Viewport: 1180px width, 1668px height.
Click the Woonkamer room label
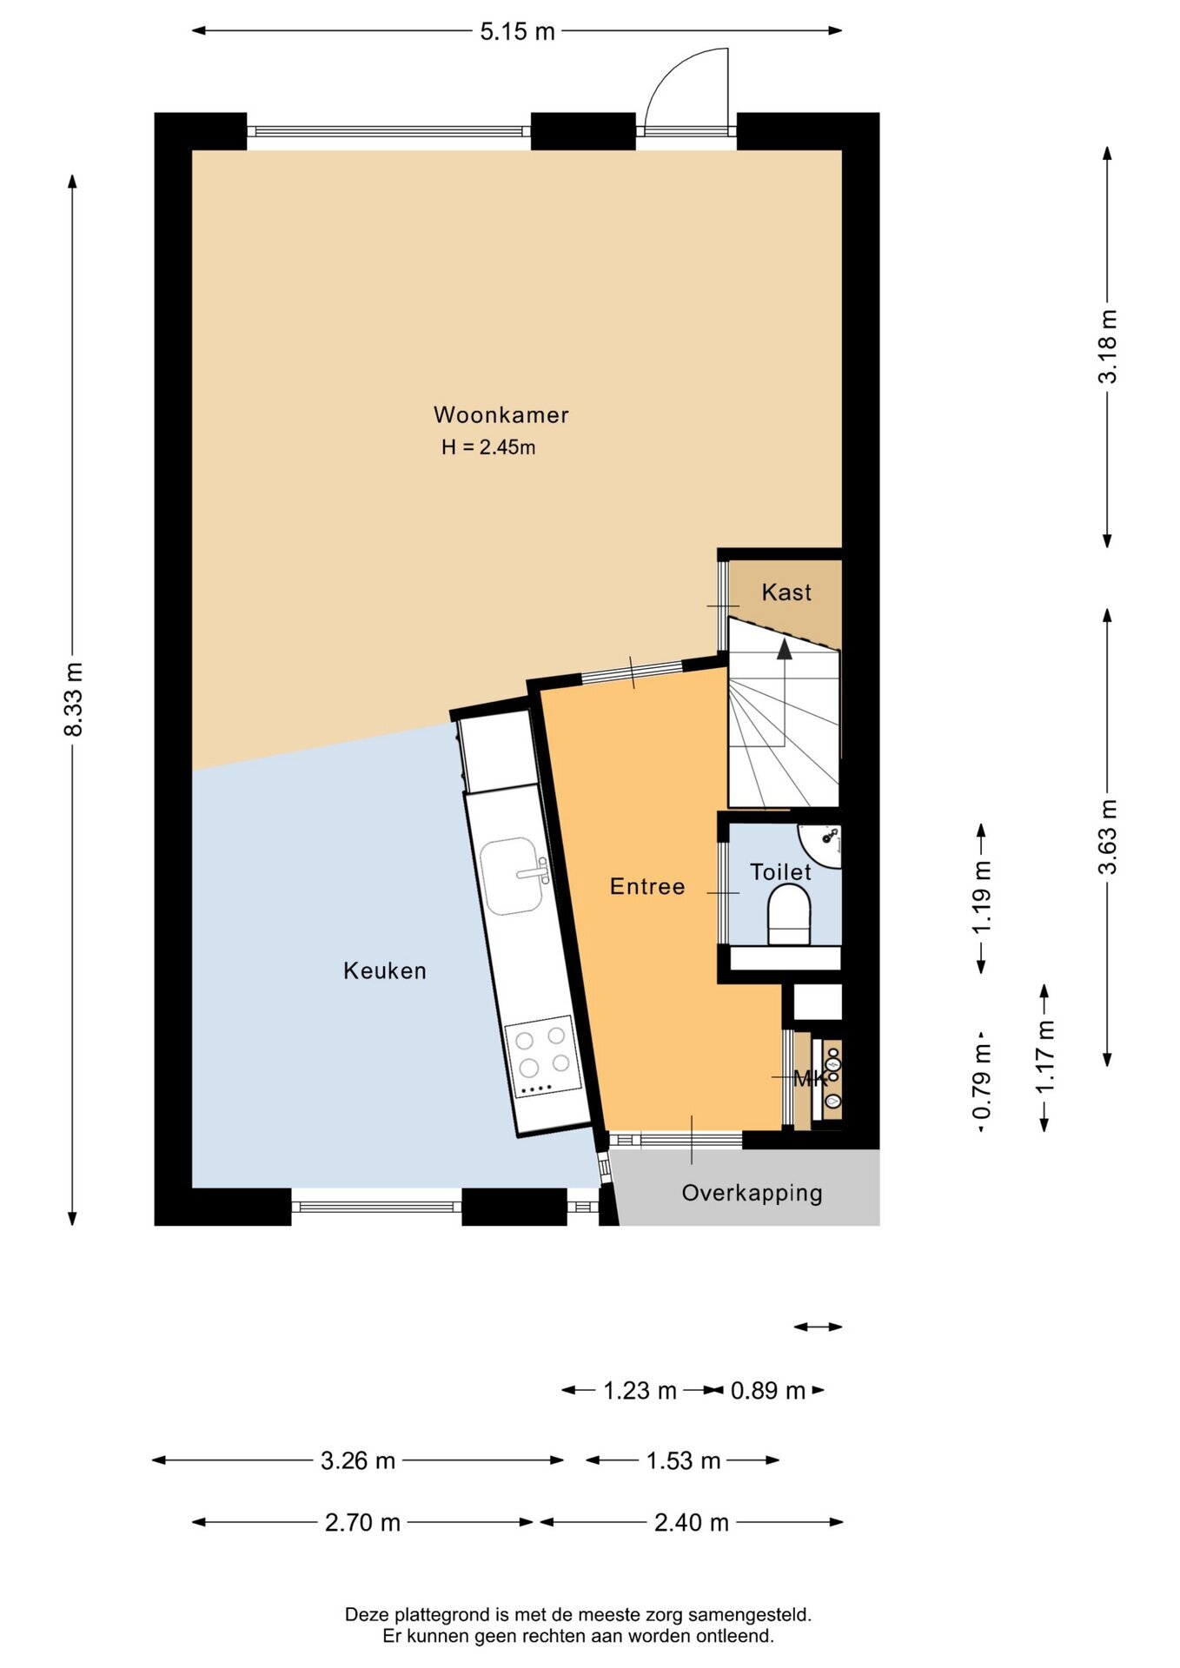[501, 415]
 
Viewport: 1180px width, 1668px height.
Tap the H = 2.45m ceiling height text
[488, 447]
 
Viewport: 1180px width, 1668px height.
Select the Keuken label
[385, 970]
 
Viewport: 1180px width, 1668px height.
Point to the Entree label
[647, 886]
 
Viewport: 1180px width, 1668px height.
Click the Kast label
[786, 592]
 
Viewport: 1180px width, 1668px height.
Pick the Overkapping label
[752, 1194]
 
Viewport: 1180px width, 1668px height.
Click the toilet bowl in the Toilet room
[789, 915]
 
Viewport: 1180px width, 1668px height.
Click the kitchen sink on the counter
[515, 876]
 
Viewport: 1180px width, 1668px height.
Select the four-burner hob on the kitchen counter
[543, 1056]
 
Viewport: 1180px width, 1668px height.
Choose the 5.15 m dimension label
[517, 31]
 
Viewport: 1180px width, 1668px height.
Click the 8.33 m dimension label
[73, 699]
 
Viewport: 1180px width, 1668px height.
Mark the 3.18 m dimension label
[1108, 346]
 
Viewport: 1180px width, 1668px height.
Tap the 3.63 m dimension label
[1108, 837]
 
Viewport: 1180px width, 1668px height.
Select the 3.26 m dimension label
[358, 1460]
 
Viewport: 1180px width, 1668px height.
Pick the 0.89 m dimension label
[768, 1391]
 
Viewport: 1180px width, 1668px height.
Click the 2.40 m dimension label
[692, 1522]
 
